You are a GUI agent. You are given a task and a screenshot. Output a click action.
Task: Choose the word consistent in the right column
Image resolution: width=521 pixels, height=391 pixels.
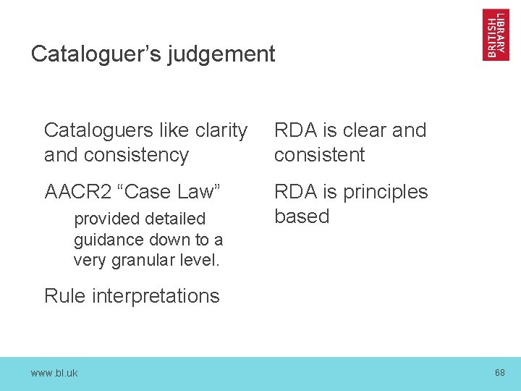[319, 155]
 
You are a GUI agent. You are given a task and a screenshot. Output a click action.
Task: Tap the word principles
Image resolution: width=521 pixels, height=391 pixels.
[385, 192]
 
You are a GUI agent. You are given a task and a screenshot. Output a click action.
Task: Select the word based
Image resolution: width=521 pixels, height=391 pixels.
[302, 216]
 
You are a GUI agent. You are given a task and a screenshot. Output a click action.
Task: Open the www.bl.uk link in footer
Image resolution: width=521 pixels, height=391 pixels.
[54, 373]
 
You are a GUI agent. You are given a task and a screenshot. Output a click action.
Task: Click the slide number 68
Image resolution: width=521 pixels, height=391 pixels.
[499, 372]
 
